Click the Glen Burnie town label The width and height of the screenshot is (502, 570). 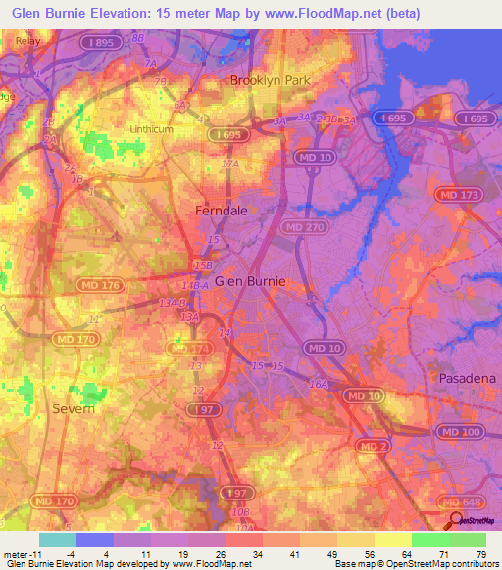[250, 280]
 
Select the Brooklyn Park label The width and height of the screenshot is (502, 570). [270, 81]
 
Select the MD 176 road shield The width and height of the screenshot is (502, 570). [98, 285]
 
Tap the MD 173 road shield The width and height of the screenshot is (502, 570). [461, 197]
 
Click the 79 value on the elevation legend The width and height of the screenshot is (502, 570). [481, 554]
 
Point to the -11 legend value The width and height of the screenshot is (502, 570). [20, 554]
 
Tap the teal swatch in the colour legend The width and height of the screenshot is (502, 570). [57, 540]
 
